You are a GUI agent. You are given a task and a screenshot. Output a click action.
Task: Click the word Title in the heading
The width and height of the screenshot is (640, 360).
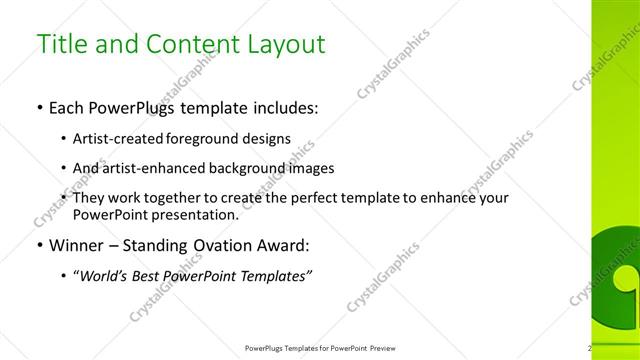point(63,44)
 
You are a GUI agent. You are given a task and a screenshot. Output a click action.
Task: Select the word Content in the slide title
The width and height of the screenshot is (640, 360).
point(181,44)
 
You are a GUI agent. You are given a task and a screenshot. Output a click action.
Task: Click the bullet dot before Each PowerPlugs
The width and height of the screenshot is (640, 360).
point(38,107)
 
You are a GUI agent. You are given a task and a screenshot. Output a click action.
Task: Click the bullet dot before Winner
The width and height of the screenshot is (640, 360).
point(38,244)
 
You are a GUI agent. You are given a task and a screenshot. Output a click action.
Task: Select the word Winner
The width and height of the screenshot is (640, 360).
point(76,244)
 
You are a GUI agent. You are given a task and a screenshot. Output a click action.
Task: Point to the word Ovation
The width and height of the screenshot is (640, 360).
point(220,244)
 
